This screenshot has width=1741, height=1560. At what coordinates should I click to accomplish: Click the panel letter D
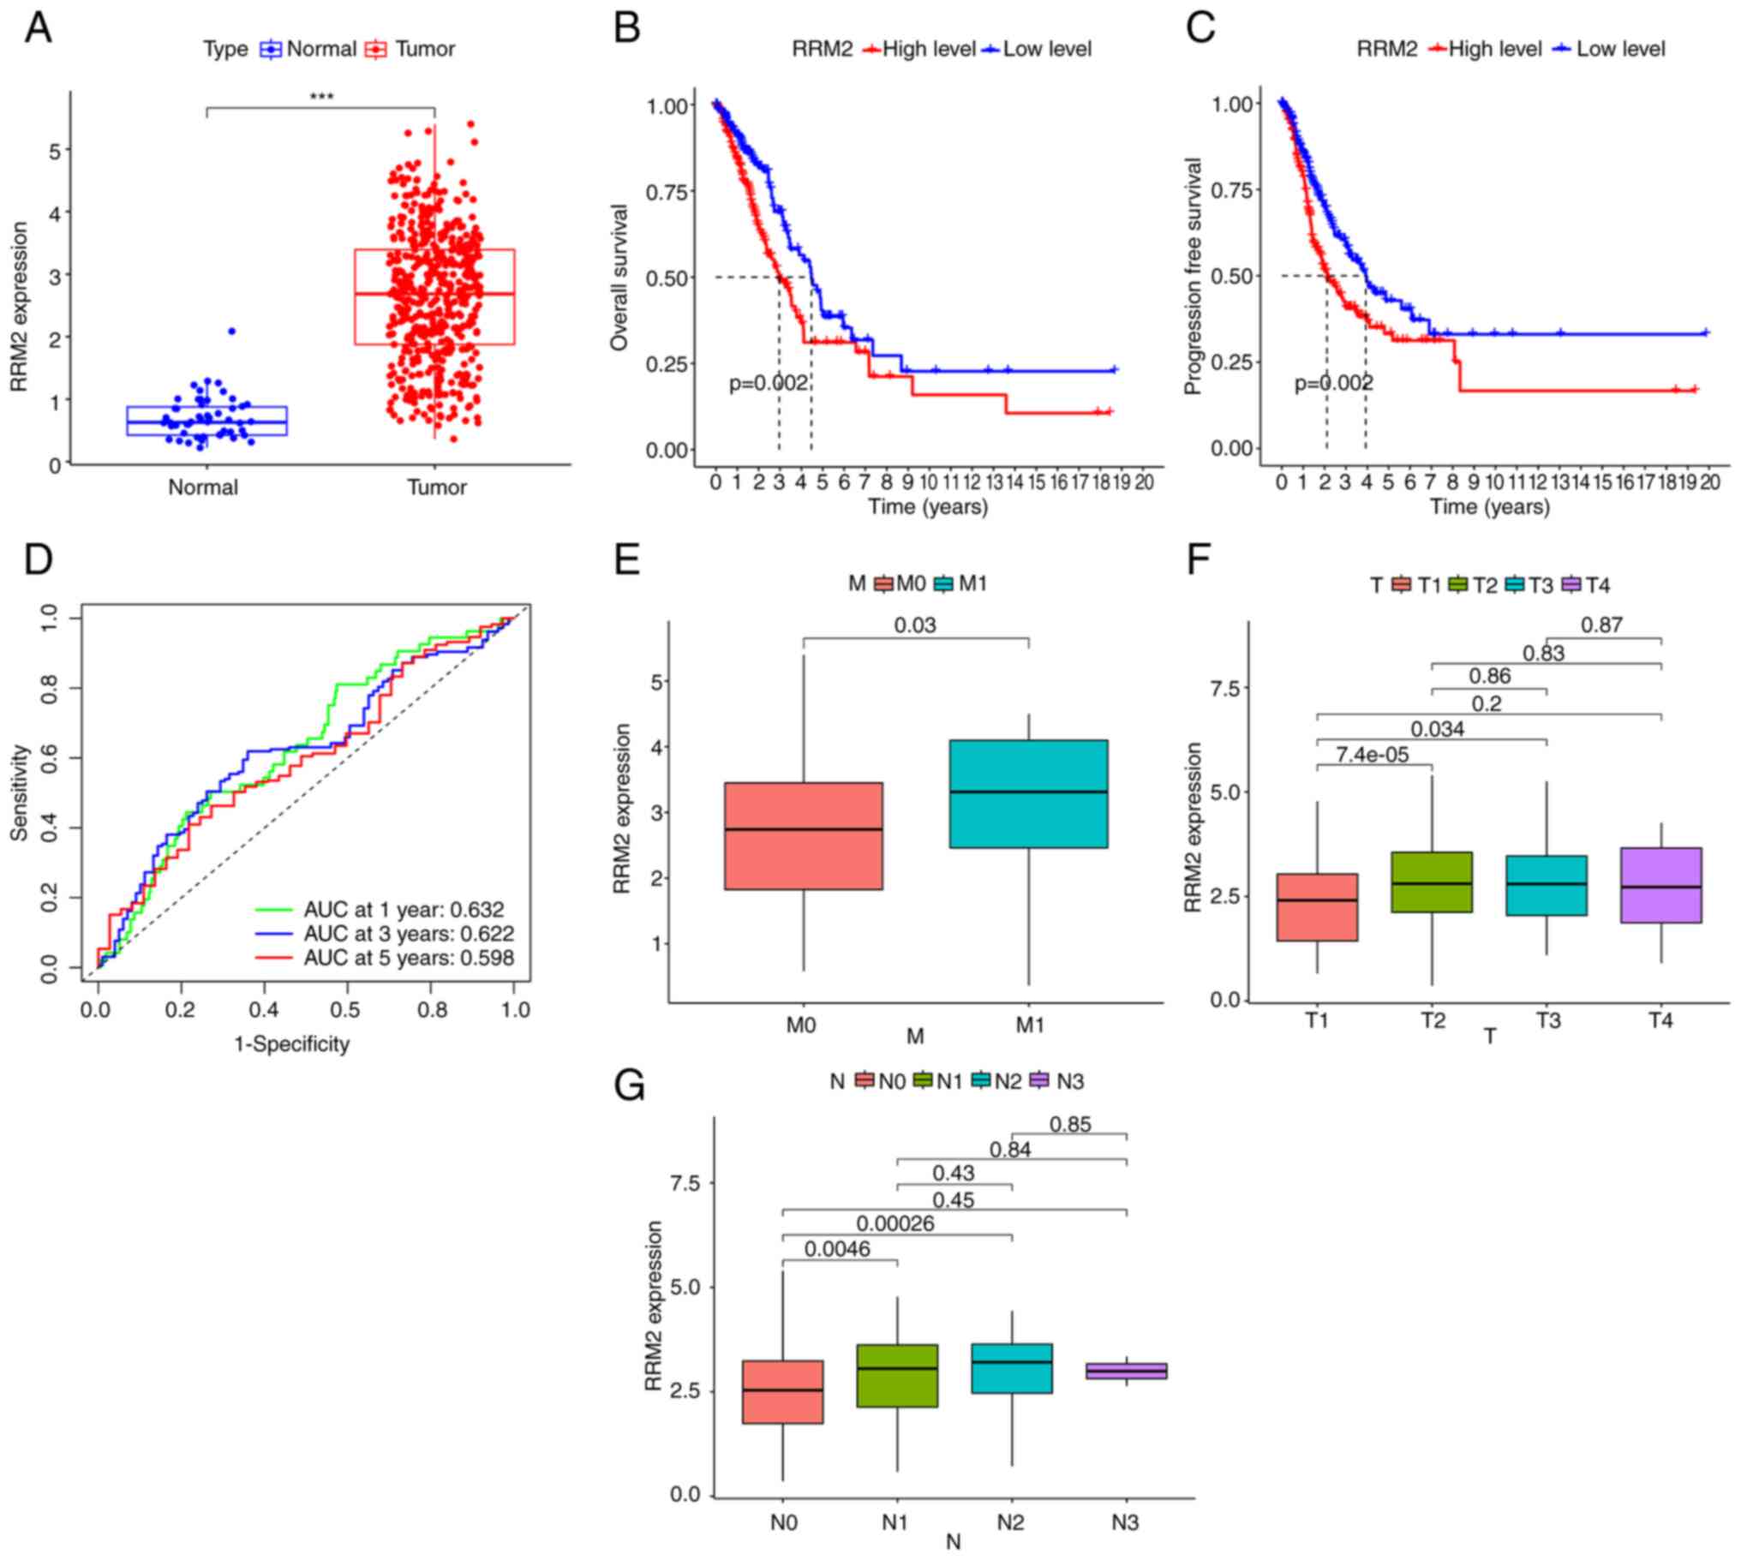point(39,559)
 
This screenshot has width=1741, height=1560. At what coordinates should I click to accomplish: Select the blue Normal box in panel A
point(206,421)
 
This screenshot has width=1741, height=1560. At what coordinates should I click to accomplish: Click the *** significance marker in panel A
point(321,96)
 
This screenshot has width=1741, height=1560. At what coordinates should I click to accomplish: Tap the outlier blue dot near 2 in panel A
point(231,331)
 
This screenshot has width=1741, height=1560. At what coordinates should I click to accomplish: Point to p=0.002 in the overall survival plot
point(768,383)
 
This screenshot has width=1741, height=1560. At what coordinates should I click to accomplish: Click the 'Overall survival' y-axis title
point(619,277)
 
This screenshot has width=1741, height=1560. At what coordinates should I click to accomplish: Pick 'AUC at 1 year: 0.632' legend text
point(404,910)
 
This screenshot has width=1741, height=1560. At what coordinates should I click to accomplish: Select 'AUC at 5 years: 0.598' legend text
point(409,959)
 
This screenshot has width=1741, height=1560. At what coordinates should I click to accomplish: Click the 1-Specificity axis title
point(291,1044)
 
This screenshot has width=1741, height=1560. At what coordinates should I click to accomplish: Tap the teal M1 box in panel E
point(1029,794)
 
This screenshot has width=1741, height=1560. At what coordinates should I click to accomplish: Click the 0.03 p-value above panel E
point(915,625)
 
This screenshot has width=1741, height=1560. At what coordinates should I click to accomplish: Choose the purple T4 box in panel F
point(1660,886)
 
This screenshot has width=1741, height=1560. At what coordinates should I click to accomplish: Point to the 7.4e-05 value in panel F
point(1372,754)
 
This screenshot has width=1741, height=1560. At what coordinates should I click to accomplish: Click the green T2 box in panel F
point(1432,882)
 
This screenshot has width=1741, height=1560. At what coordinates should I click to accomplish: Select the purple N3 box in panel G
point(1127,1371)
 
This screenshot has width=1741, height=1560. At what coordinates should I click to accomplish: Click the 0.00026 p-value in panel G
point(895,1224)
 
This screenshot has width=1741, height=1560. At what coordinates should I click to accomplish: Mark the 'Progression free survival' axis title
point(1194,276)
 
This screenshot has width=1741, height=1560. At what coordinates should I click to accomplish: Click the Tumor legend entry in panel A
point(412,49)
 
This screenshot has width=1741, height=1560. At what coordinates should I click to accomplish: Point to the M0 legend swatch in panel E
point(883,584)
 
